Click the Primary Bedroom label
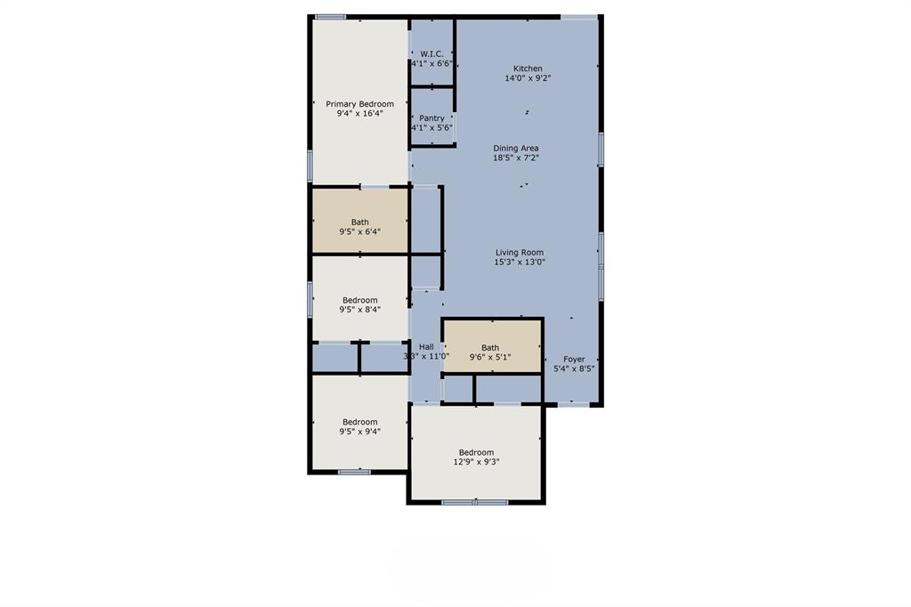click(x=359, y=104)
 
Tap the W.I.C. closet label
click(x=431, y=54)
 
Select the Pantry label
click(x=431, y=118)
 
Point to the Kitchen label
click(x=528, y=69)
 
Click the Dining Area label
click(x=516, y=149)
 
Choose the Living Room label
click(x=520, y=253)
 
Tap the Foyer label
click(x=574, y=360)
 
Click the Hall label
click(x=426, y=347)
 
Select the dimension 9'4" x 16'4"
click(x=359, y=113)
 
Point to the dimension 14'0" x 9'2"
click(x=528, y=78)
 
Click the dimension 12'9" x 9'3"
click(x=477, y=462)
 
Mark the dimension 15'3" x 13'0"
click(x=520, y=263)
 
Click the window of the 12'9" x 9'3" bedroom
click(x=475, y=502)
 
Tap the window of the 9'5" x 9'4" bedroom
click(x=354, y=472)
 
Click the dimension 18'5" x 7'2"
click(x=516, y=158)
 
